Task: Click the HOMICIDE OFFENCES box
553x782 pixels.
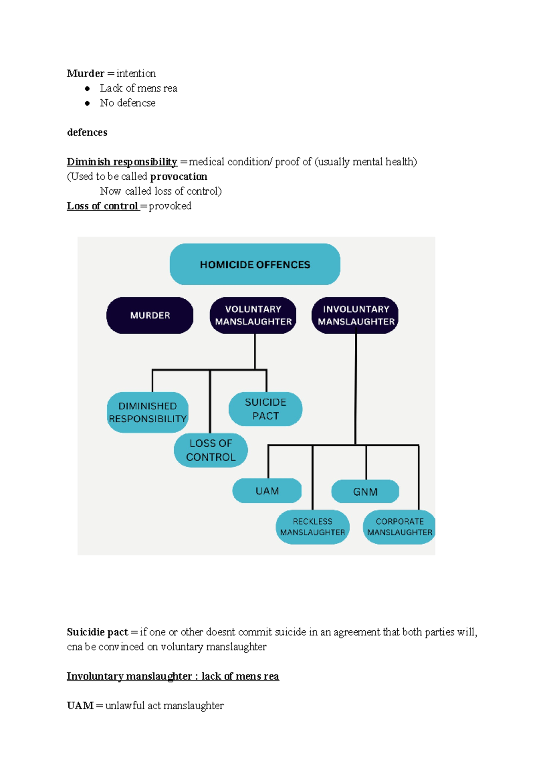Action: tap(255, 264)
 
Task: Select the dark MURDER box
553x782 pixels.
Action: tap(150, 315)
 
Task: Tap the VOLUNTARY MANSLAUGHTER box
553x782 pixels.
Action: tap(253, 315)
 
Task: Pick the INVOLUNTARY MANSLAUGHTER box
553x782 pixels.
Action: tap(355, 315)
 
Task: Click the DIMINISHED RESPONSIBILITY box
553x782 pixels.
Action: tap(147, 412)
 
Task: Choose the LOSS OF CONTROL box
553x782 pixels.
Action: tap(211, 450)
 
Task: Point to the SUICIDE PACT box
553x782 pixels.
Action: tap(265, 409)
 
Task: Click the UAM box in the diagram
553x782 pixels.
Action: tap(267, 491)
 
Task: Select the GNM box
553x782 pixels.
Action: tap(365, 492)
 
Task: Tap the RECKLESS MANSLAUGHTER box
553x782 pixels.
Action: tap(312, 527)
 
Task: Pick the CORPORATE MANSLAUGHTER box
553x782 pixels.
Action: tap(399, 527)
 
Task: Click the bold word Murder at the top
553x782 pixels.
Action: tap(85, 73)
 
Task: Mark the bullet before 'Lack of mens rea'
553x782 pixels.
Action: tap(87, 89)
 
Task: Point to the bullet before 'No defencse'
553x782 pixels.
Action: tap(87, 103)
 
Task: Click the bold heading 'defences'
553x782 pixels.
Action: tap(87, 132)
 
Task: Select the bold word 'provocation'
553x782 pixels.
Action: tap(178, 177)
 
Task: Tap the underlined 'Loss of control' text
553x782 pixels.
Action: tap(102, 206)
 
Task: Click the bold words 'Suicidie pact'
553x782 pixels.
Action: tap(97, 632)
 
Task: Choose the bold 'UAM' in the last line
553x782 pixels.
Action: tap(80, 706)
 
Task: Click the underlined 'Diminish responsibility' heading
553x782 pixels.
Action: tap(122, 162)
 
